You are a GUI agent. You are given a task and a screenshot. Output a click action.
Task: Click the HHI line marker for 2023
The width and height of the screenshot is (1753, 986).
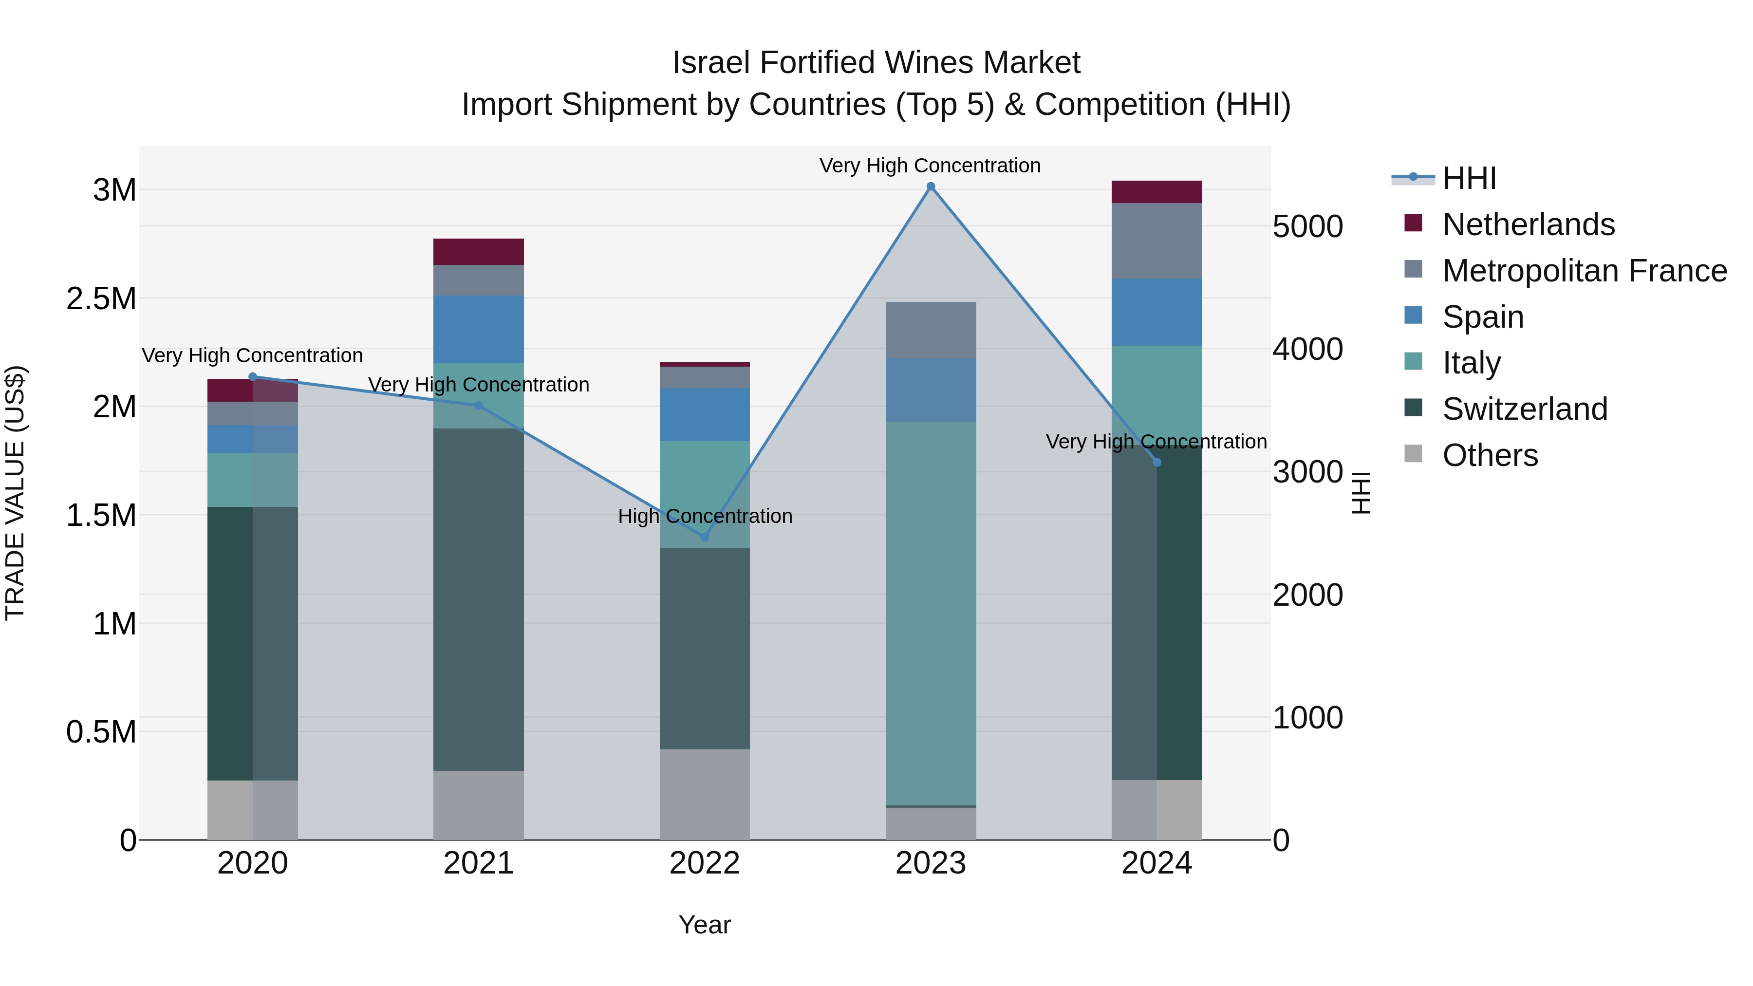(x=930, y=186)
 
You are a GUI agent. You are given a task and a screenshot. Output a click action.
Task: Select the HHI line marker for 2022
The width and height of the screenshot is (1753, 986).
(x=704, y=537)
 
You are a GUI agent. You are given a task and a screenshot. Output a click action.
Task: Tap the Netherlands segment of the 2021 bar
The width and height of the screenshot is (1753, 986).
(x=478, y=252)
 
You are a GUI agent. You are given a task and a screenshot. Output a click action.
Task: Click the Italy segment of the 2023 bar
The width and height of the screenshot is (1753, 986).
(x=930, y=613)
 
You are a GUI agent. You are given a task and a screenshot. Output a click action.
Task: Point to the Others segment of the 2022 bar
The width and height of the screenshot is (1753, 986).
(x=704, y=794)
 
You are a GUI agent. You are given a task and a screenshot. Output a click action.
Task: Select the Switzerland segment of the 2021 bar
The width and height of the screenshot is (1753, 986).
(x=478, y=599)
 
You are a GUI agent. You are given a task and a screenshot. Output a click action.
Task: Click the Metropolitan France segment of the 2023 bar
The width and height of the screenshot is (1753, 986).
(x=930, y=330)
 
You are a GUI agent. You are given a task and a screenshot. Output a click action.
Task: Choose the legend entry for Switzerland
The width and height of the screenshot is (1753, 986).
(x=1524, y=409)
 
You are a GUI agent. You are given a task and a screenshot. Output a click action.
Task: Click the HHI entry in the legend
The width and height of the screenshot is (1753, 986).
(x=1469, y=178)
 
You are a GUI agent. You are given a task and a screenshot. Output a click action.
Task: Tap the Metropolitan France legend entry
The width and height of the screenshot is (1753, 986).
(x=1584, y=271)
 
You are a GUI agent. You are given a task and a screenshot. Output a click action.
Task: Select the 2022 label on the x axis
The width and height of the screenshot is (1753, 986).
(x=704, y=863)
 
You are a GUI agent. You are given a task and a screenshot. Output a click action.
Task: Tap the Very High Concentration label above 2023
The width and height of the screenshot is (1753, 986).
(x=930, y=166)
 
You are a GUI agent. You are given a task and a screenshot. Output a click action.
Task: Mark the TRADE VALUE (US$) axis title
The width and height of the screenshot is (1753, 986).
(x=15, y=493)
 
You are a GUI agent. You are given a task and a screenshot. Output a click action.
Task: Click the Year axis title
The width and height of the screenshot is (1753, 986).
(x=704, y=925)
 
